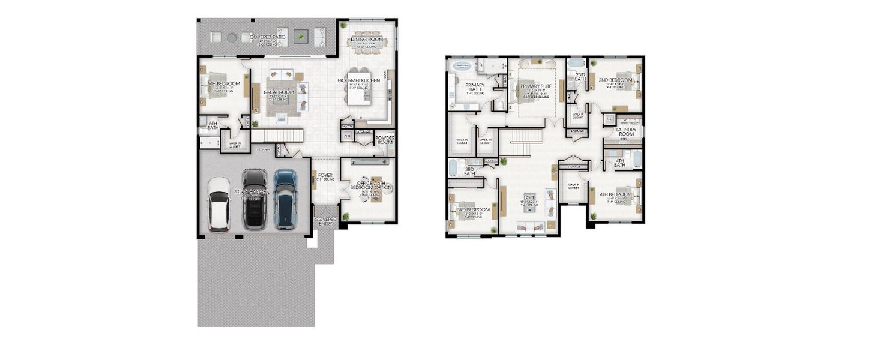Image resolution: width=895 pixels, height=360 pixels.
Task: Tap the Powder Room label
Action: [x=385, y=140]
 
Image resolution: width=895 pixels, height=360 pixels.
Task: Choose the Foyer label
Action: [x=325, y=175]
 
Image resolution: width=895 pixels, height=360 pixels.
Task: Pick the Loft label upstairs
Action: [x=529, y=197]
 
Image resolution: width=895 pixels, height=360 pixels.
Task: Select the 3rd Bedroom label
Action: [x=474, y=210]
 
